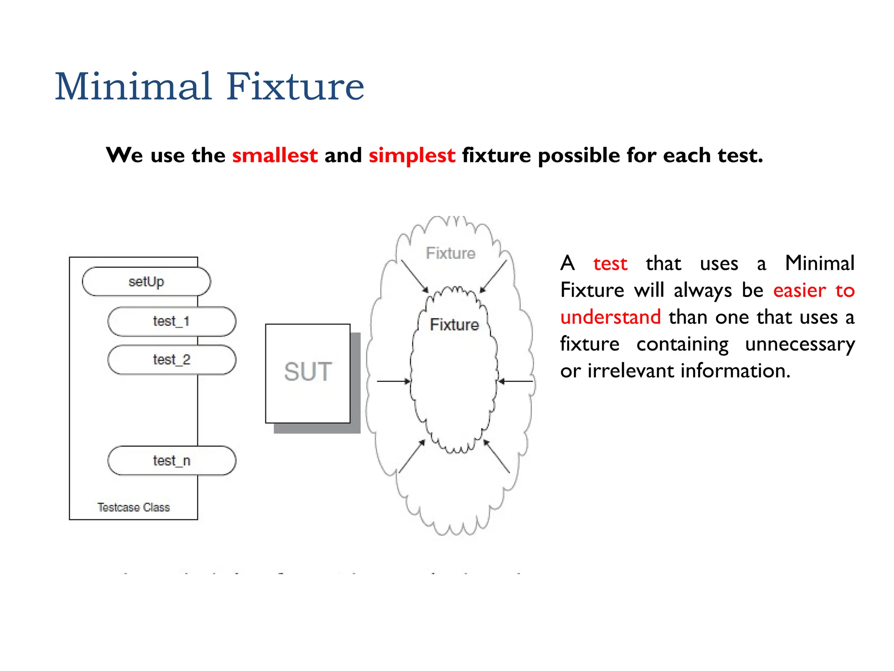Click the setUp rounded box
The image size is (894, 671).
[146, 282]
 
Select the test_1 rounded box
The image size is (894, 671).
[172, 322]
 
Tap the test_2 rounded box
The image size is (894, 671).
[172, 360]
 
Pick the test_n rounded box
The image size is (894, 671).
[172, 460]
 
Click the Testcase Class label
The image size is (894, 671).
[134, 507]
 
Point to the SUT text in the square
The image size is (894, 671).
[308, 372]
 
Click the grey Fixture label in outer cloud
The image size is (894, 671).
[450, 253]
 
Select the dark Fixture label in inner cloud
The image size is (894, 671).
[454, 325]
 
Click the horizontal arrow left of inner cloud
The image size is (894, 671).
[393, 381]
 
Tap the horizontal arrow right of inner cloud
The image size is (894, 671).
[516, 381]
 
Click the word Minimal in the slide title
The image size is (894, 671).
[133, 86]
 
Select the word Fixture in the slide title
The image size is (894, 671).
[295, 86]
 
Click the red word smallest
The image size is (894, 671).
[275, 156]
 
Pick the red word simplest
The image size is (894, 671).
[412, 156]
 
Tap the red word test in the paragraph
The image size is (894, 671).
[610, 264]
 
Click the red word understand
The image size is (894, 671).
[610, 317]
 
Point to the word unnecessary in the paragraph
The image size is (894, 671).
[800, 344]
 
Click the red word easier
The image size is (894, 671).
[799, 291]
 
